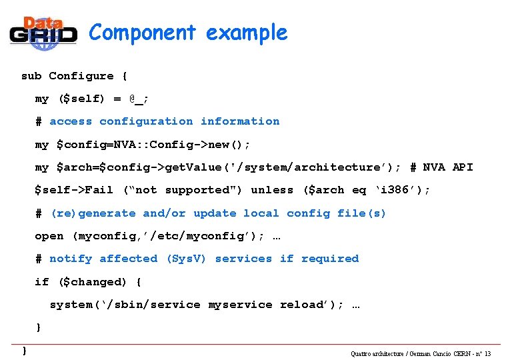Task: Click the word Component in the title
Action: [142, 32]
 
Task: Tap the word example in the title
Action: [247, 32]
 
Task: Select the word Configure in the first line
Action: [81, 76]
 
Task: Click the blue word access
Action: [70, 121]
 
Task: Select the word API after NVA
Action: [463, 167]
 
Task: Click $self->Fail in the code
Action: [74, 190]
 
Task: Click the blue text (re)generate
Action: [94, 213]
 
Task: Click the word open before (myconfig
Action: [49, 236]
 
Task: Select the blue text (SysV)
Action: [186, 259]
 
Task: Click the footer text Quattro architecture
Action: [381, 353]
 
